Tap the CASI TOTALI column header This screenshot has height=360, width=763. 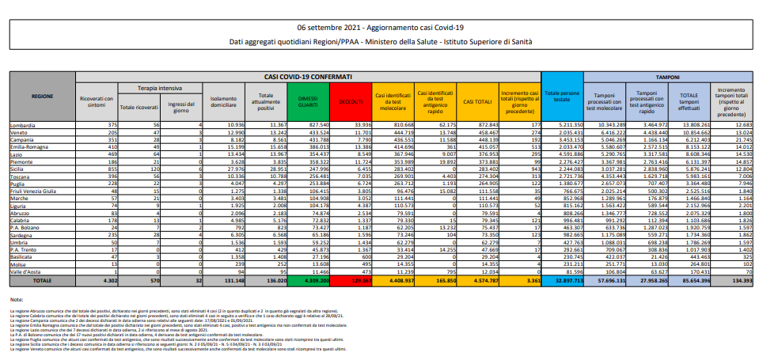tap(475, 101)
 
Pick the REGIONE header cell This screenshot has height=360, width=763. tap(43, 97)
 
